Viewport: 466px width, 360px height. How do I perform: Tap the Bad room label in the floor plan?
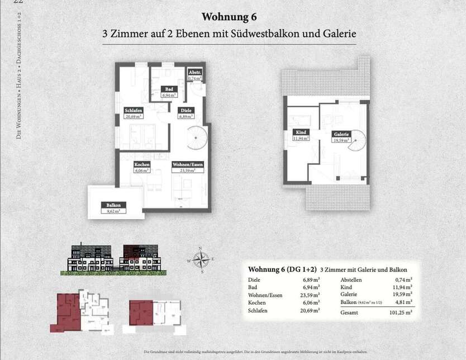coord(167,89)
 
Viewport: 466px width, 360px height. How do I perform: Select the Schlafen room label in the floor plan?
coord(134,111)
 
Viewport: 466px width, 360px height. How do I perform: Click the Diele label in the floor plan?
coord(185,111)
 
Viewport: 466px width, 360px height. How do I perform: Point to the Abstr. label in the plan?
coord(194,73)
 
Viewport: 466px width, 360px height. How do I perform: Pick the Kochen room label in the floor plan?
coord(142,165)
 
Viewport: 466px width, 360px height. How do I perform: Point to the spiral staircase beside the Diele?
coord(197,138)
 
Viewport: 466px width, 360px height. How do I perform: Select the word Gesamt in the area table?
coord(350,314)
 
